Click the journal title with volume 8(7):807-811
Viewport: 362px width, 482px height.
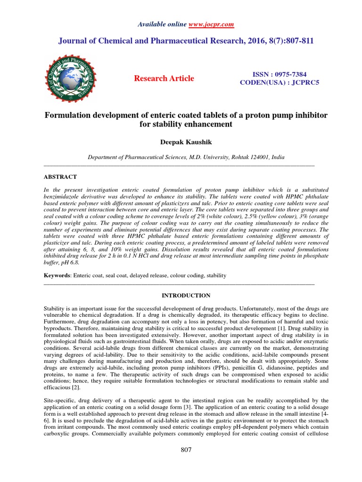pos(186,41)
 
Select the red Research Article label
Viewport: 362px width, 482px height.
pos(164,78)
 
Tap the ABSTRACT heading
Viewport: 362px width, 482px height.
pos(60,177)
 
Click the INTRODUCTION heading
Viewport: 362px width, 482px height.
pos(186,296)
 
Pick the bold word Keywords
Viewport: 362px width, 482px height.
pos(56,275)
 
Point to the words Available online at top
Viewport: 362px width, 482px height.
pos(162,24)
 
